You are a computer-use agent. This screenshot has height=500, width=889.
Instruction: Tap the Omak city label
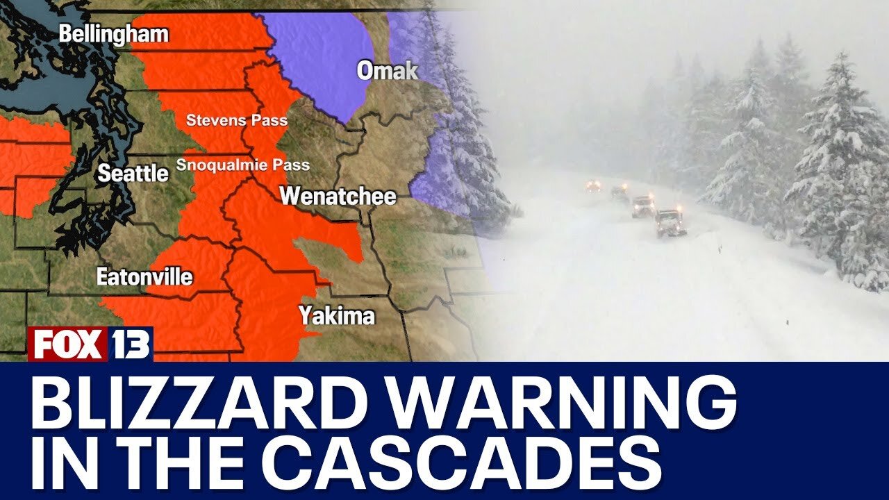coord(388,70)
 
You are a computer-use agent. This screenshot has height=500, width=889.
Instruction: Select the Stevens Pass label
coord(236,120)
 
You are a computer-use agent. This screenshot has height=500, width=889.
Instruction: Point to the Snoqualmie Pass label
coord(242,165)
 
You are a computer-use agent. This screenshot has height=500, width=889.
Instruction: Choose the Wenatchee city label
coord(338,196)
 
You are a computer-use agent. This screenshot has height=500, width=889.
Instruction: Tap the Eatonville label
coord(144,277)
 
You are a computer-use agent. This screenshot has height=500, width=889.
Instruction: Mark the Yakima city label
coord(337,316)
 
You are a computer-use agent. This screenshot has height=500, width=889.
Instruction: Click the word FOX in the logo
coord(67,344)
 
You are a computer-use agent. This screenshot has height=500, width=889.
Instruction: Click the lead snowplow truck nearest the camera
coord(670,223)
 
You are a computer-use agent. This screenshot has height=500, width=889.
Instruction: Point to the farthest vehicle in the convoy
coord(593,186)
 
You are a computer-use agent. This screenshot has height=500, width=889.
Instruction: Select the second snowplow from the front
coord(643,206)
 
